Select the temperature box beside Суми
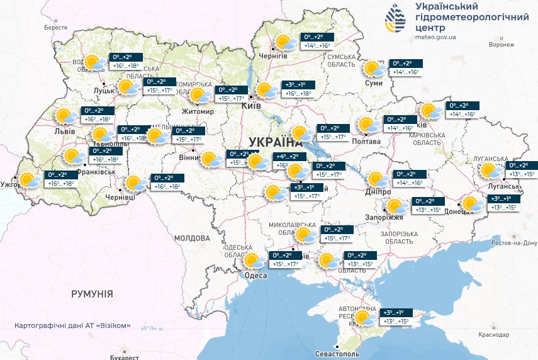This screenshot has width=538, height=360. tap(406, 68)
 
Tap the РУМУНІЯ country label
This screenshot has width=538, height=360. tap(92, 294)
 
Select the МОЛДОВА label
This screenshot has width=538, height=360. tap(191, 239)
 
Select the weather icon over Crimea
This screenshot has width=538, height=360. tap(364, 318)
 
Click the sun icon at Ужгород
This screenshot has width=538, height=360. tap(28, 181)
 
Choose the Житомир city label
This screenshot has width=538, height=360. tap(198, 112)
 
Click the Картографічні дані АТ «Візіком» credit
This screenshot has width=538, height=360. tap(72, 325)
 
